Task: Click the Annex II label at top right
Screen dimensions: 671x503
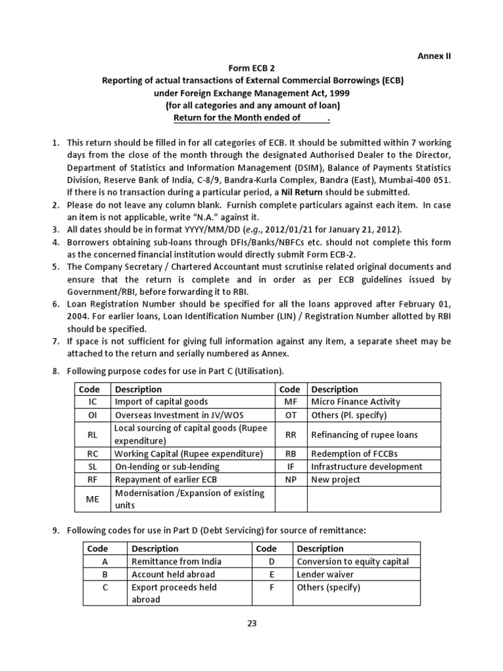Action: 434,56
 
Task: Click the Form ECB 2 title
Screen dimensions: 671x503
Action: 252,68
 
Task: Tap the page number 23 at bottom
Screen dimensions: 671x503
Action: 251,623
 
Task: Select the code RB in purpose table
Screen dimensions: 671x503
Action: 290,453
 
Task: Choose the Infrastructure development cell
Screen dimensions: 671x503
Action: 366,467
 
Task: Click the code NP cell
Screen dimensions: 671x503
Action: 290,480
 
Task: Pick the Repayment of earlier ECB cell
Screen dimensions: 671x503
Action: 162,480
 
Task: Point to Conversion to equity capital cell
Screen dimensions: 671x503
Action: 352,562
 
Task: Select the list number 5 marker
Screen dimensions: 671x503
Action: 56,267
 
